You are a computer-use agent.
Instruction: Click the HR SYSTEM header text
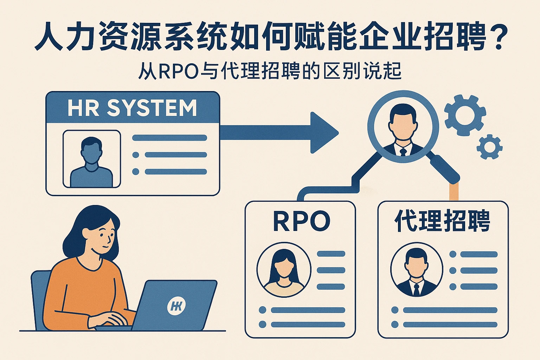click(132, 108)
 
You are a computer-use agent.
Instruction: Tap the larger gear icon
click(464, 115)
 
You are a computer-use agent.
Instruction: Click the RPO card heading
click(301, 221)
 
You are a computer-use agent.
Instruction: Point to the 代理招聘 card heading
click(443, 221)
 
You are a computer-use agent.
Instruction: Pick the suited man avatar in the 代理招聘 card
click(417, 270)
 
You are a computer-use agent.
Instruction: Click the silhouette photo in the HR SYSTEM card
click(91, 159)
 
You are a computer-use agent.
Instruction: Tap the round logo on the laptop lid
click(176, 306)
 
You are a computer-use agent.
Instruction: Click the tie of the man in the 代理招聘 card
click(417, 289)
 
